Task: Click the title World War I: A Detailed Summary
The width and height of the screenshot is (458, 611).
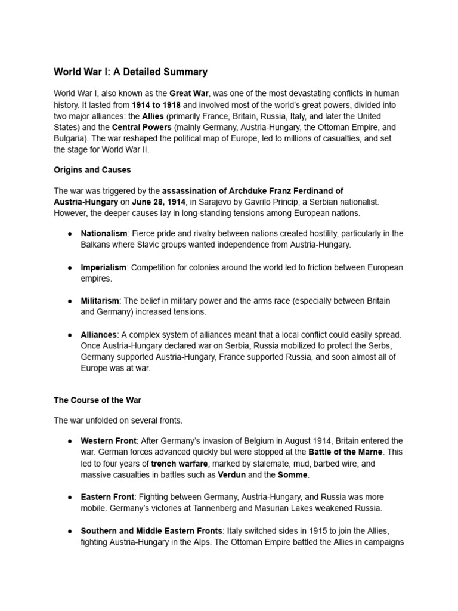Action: (x=131, y=72)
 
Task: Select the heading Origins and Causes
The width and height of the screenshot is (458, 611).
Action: (x=92, y=170)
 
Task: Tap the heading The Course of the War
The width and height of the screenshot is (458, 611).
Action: (x=97, y=400)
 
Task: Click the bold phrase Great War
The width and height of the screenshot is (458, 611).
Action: (x=189, y=94)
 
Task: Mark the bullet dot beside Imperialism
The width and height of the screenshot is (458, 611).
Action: (x=70, y=268)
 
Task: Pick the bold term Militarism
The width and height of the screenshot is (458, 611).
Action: (x=100, y=301)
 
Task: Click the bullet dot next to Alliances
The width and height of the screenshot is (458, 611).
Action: (x=70, y=335)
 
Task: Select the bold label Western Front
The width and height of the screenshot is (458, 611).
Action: (x=109, y=441)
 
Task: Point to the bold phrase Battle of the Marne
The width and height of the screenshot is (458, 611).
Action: (x=345, y=452)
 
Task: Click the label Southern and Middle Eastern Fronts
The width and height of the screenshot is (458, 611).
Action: (x=151, y=530)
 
